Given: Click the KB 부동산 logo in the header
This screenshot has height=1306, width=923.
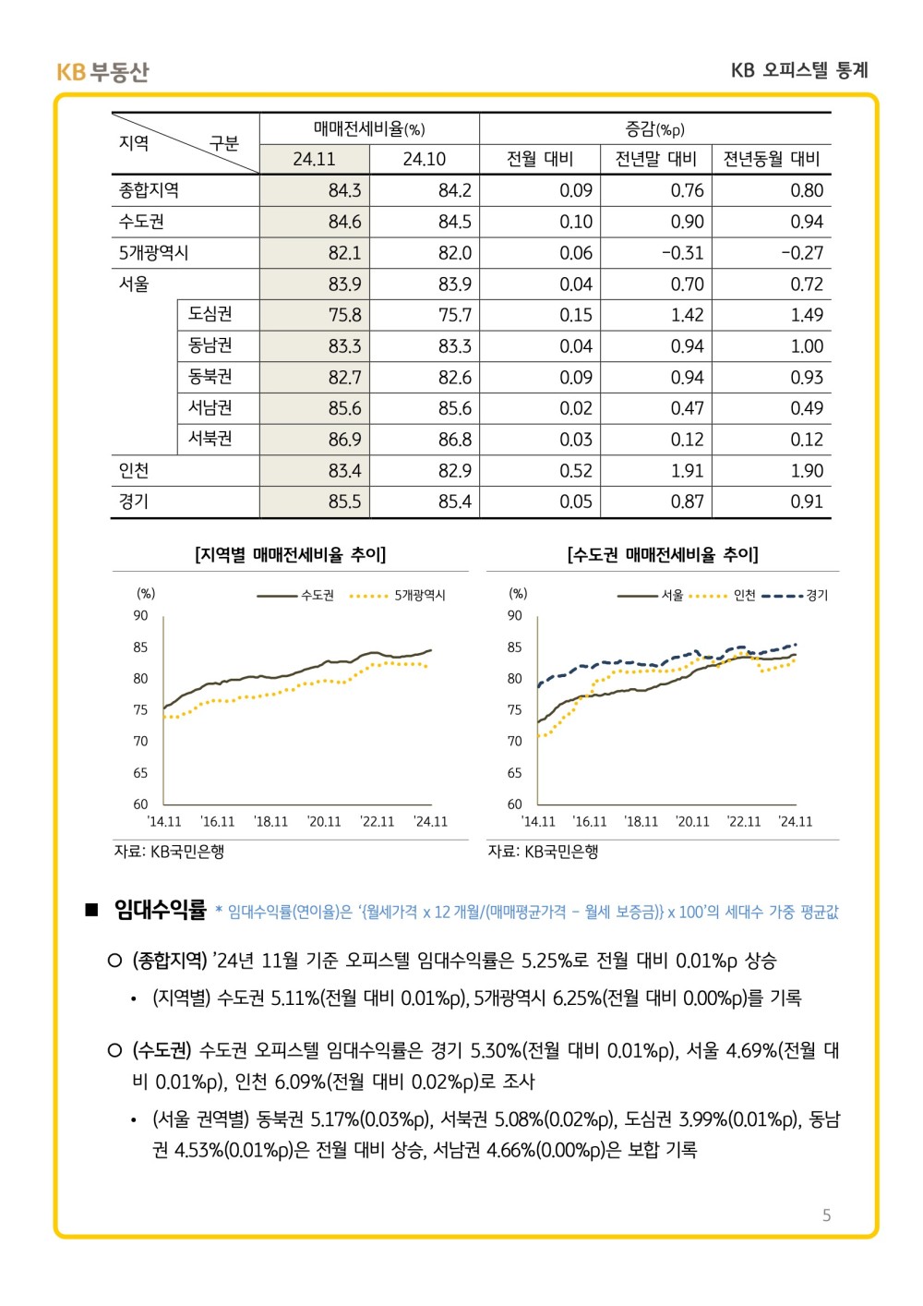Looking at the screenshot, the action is tap(102, 72).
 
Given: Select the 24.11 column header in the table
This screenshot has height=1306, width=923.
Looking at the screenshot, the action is tap(314, 159).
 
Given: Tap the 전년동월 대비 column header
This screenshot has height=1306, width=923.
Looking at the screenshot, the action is tap(771, 159).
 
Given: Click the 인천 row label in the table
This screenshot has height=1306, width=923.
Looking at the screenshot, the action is tap(134, 470).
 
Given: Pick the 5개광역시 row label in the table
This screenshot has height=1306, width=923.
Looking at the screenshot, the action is tap(153, 252).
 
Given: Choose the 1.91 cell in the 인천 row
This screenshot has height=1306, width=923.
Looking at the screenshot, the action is tap(688, 470).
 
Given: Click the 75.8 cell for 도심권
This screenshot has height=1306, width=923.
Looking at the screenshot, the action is tap(344, 315).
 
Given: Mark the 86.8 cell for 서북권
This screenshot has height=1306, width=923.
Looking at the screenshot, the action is tap(454, 440).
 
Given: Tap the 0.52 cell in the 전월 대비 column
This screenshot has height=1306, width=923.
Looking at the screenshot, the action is tap(576, 470).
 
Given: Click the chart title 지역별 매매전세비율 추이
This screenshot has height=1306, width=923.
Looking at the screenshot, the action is tap(290, 554).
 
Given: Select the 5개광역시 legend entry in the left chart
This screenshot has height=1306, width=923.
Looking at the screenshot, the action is tap(397, 596).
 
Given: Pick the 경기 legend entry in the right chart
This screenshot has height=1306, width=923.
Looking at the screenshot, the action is tap(795, 596).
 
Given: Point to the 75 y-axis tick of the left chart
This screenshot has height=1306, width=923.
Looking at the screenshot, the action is tap(140, 709).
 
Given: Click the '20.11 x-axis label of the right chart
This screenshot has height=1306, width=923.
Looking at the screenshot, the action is tap(692, 821).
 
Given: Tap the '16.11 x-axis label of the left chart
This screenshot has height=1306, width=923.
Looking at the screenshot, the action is tap(217, 821).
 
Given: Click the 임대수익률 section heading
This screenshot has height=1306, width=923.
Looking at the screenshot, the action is tap(160, 910).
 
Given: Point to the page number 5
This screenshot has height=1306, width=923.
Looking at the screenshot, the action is tap(826, 1215).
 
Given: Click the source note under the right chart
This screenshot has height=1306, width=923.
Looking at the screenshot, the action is tap(543, 852).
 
